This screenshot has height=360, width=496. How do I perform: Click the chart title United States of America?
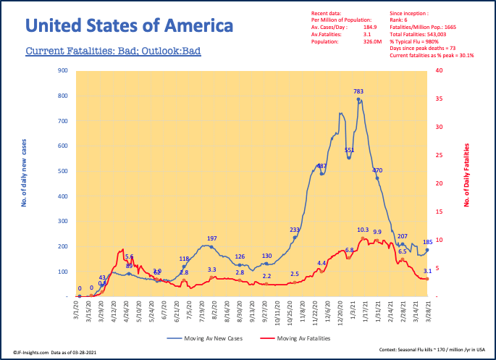coord(129,27)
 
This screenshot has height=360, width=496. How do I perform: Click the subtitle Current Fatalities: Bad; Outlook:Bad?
coord(113,52)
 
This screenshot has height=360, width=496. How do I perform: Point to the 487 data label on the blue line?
coord(322,166)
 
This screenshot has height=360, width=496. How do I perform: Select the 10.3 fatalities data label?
coord(363,230)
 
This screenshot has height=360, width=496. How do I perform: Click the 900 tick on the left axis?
coord(63,71)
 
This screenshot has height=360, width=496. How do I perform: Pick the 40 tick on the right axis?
coord(440,70)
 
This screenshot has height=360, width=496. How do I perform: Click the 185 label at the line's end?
coord(427,242)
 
